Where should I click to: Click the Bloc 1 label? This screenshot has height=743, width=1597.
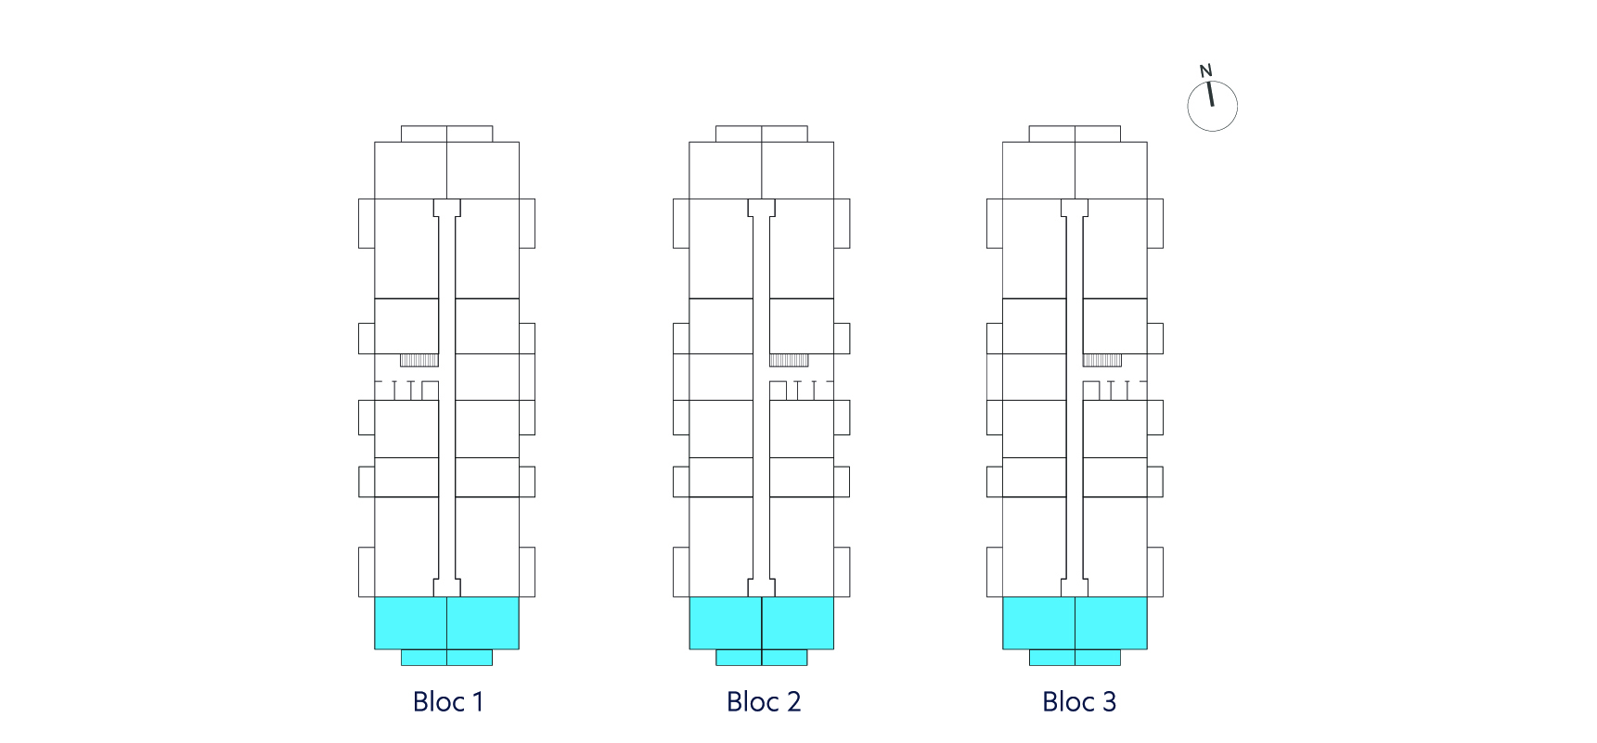(x=448, y=701)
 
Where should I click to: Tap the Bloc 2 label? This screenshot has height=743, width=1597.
(x=764, y=701)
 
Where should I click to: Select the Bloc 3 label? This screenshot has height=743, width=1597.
(x=1079, y=701)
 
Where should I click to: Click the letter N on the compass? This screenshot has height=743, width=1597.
(x=1205, y=70)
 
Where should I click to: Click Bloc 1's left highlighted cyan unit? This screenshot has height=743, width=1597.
(x=410, y=622)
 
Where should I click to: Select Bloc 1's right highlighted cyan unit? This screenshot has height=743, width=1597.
(x=483, y=622)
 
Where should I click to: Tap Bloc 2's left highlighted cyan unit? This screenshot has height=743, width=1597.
(x=726, y=622)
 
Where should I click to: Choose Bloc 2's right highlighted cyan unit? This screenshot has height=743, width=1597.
(x=798, y=622)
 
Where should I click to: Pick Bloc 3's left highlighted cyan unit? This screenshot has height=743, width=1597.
(x=1039, y=622)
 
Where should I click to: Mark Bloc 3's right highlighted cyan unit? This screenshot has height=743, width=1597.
(x=1112, y=622)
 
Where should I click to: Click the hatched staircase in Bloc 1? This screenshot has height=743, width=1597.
(x=419, y=360)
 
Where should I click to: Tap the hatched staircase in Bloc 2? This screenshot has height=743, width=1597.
(x=789, y=360)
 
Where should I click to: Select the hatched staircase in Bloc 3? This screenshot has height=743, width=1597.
(x=1102, y=360)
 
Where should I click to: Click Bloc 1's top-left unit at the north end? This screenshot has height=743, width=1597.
(x=410, y=170)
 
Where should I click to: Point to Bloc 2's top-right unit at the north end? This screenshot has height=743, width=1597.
(x=798, y=170)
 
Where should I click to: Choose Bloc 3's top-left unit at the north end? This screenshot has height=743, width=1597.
(x=1039, y=170)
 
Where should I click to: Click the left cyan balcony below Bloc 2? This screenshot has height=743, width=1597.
(x=739, y=658)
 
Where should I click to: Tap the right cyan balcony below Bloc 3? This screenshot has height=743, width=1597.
(x=1098, y=658)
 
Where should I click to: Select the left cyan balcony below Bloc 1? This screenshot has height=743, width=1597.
(x=424, y=658)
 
